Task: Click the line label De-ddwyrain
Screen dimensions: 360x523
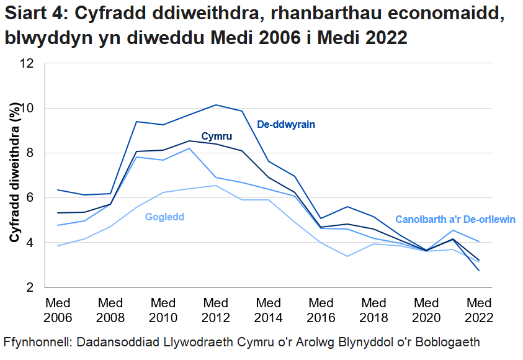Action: click(x=286, y=124)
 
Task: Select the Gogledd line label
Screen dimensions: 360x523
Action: click(x=164, y=217)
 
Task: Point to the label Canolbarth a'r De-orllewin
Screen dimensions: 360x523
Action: click(x=455, y=220)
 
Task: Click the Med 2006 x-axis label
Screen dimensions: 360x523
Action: click(x=58, y=310)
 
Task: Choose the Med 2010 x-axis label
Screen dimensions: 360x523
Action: click(x=163, y=310)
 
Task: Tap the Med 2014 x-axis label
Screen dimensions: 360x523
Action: click(x=269, y=310)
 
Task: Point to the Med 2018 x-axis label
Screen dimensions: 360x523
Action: click(x=374, y=310)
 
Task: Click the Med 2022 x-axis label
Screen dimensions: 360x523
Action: click(x=479, y=310)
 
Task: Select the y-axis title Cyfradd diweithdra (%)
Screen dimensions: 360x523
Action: click(x=13, y=176)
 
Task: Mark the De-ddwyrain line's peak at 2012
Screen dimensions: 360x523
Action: click(x=216, y=105)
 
